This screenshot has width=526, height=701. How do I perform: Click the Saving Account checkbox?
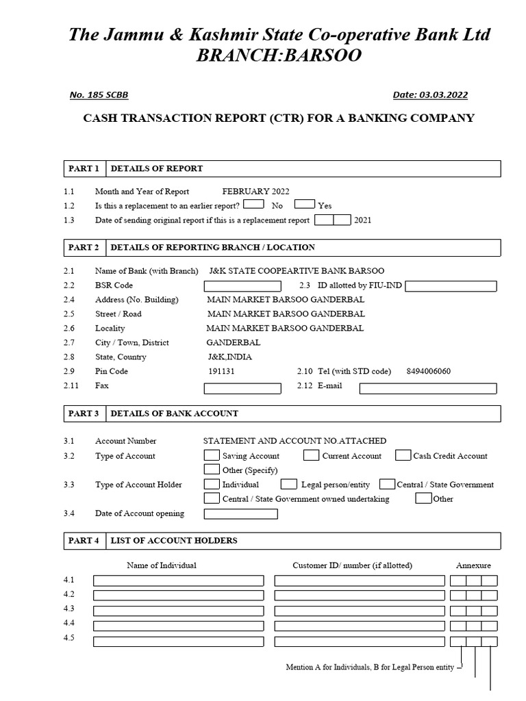[x=212, y=455]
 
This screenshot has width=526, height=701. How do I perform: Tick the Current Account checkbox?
[x=311, y=455]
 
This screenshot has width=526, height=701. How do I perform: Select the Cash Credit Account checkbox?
[x=403, y=455]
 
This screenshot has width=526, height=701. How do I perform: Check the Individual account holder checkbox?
[x=212, y=484]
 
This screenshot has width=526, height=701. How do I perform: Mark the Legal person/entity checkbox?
[x=289, y=484]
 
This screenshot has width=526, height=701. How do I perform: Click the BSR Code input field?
[x=242, y=286]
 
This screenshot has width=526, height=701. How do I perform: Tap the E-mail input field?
[x=428, y=388]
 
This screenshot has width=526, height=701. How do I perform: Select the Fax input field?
[x=242, y=388]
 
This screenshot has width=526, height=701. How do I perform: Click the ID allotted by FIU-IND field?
[x=451, y=286]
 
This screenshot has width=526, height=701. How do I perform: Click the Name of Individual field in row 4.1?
[x=178, y=581]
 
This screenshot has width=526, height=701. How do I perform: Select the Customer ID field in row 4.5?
[x=360, y=641]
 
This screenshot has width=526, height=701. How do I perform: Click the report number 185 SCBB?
[x=99, y=95]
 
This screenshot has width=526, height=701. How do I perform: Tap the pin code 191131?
[x=221, y=371]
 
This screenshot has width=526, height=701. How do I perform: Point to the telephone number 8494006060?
[x=429, y=371]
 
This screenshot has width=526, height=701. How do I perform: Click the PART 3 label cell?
[x=83, y=413]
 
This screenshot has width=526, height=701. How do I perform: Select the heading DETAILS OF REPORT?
[x=156, y=168]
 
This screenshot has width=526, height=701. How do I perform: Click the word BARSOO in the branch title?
[x=318, y=56]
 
